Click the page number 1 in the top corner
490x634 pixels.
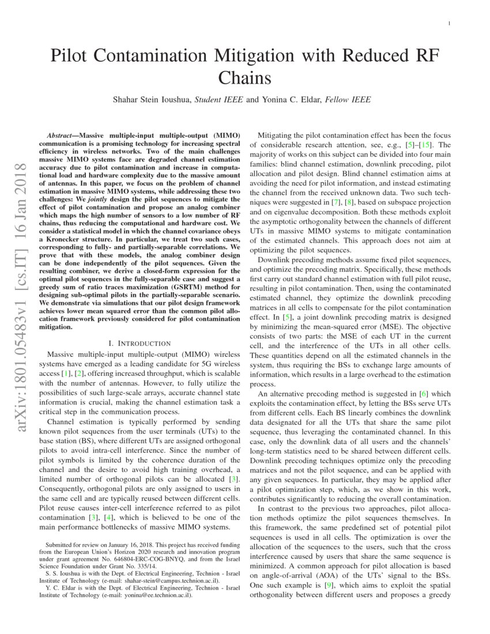point(448,23)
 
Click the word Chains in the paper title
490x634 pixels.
point(244,78)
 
